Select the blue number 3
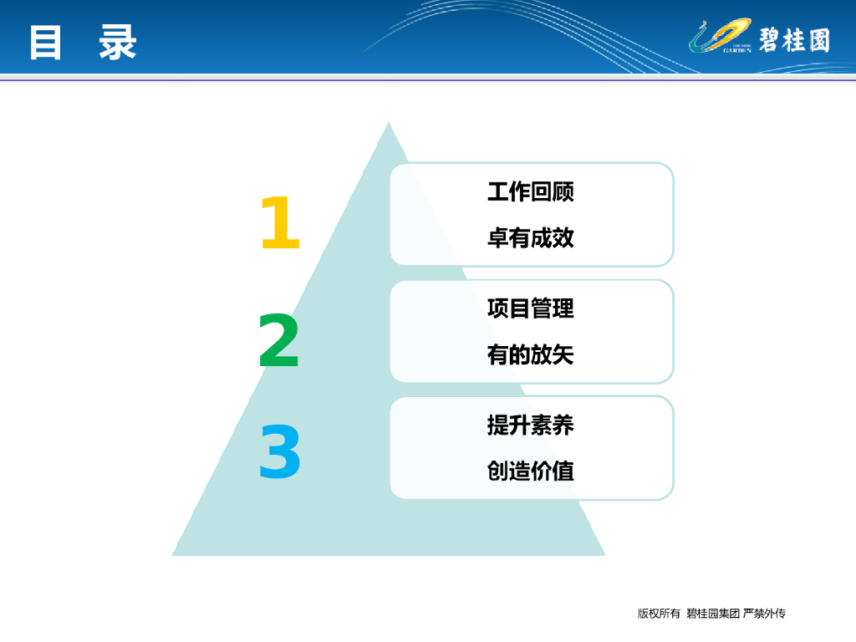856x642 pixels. pos(280,452)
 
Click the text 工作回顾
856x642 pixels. pos(531,191)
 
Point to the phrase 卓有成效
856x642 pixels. pos(531,238)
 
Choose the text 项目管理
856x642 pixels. pos(531,308)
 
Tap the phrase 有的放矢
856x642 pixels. pos(531,354)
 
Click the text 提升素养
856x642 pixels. pos(531,425)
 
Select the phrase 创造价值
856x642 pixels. pos(531,471)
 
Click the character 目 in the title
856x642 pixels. pos(45,43)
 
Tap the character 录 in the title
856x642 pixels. pos(117,43)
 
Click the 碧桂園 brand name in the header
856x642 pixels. pos(794,40)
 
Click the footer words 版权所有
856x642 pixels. pos(659,614)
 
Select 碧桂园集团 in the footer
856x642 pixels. pos(713,614)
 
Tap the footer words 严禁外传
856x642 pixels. pos(764,614)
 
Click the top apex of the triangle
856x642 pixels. pos(389,122)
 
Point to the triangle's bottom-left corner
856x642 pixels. pos(172,555)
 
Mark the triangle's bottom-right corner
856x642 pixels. pos(605,555)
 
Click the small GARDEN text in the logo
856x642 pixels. pos(737,50)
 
